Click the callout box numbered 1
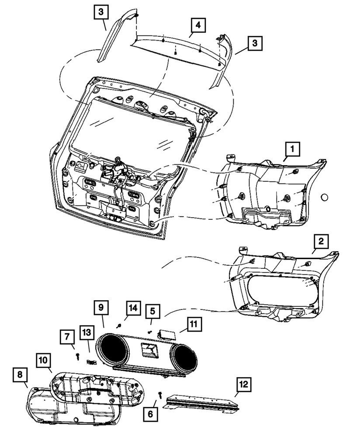[x=292, y=150]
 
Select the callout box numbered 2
[x=321, y=241]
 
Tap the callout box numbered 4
[x=198, y=25]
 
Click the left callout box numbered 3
[x=100, y=12]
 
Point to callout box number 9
[x=100, y=308]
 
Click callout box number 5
[x=152, y=312]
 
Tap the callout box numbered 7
[x=67, y=337]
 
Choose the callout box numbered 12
[x=245, y=385]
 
